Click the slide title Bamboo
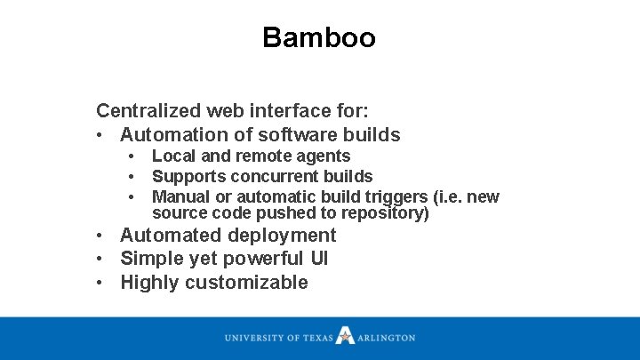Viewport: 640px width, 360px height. coord(319,38)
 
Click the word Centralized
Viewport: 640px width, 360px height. coord(148,111)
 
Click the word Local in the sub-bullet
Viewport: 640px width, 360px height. coord(172,156)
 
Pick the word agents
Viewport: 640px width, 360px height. coord(324,156)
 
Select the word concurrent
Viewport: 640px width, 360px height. coord(271,177)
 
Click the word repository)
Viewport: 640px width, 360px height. coord(388,213)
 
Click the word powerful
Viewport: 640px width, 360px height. coord(260,260)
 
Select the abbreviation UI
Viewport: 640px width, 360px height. coord(318,260)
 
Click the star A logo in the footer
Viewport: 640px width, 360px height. coord(346,336)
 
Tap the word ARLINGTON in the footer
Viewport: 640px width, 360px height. coord(387,338)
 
